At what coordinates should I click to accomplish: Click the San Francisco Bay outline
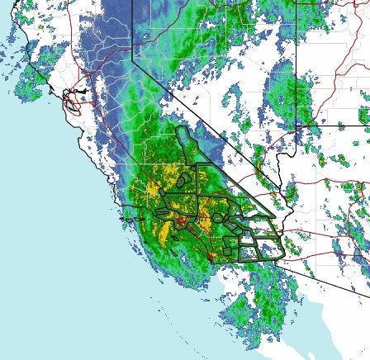pyautogui.click(x=73, y=99)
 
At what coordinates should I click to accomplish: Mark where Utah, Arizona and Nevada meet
pyautogui.click(x=296, y=125)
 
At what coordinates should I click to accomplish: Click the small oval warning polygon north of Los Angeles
pyautogui.click(x=187, y=177)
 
